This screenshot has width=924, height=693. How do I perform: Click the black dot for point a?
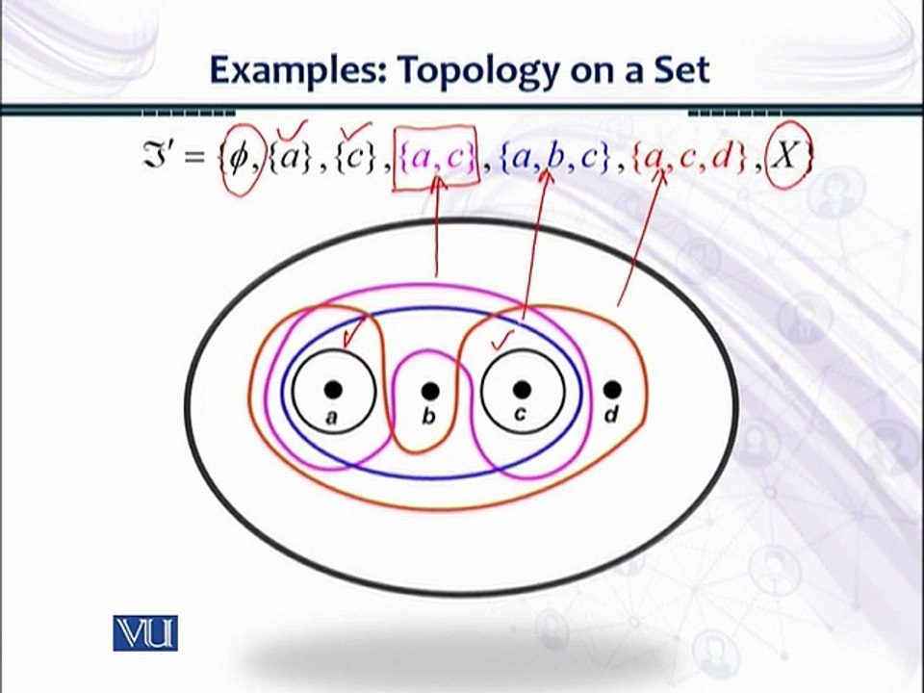333,389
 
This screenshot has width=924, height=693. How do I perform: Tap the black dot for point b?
430,390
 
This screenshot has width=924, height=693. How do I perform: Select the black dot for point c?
522,389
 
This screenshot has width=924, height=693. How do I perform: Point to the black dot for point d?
611,389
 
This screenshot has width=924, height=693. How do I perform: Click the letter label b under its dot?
429,417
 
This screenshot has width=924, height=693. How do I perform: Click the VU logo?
145,630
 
